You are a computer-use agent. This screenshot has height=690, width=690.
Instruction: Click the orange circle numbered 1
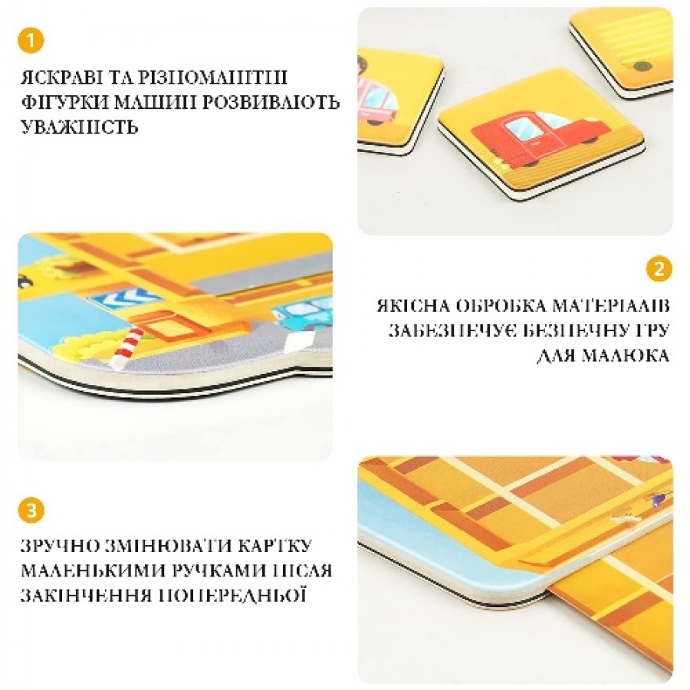[x=31, y=41]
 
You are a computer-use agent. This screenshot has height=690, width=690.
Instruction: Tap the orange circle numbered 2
[x=659, y=269]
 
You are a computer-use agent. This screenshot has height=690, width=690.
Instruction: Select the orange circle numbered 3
[x=31, y=511]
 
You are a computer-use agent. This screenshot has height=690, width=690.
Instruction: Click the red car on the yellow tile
[x=540, y=139]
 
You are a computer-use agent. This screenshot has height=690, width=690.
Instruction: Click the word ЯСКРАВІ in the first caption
[x=61, y=77]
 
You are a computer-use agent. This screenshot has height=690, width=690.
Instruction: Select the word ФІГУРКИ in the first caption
[x=64, y=103]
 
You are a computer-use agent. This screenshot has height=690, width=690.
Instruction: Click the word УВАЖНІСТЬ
[x=79, y=127]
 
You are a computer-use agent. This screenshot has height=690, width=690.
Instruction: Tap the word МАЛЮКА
[x=624, y=355]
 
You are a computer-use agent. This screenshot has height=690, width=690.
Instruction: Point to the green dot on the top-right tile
[x=642, y=67]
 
